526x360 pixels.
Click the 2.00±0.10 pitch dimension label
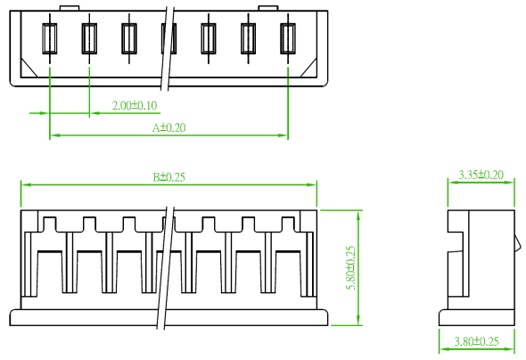[135, 105]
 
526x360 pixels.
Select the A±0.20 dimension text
[169, 127]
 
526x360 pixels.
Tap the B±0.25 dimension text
[169, 177]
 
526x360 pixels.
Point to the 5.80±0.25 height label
[350, 268]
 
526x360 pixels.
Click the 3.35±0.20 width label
[481, 175]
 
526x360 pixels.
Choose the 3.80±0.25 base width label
[476, 341]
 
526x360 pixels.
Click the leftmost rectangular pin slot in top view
[50, 38]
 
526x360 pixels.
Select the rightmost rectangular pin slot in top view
[288, 38]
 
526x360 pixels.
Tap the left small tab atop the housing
[70, 8]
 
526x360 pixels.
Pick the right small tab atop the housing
[268, 8]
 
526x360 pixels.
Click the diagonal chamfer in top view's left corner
[29, 68]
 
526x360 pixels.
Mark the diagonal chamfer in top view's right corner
[308, 68]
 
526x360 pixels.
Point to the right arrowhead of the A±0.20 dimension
[283, 135]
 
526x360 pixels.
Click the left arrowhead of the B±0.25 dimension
[26, 184]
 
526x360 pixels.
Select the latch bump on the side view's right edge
[518, 242]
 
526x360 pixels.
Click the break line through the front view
[166, 267]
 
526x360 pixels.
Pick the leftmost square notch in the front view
[50, 224]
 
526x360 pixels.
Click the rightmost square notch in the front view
[288, 224]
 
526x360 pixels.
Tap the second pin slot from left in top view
[89, 38]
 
